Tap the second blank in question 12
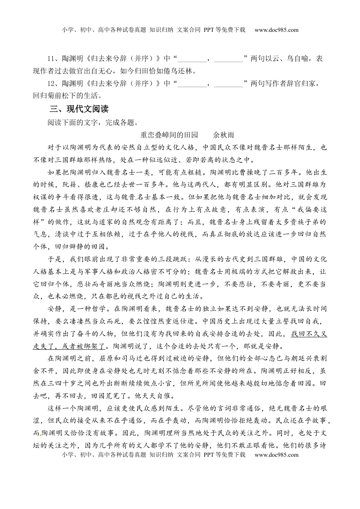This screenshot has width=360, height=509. pyautogui.click(x=229, y=84)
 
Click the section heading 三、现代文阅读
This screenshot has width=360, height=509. pyautogui.click(x=79, y=109)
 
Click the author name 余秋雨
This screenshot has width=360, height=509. pyautogui.click(x=224, y=135)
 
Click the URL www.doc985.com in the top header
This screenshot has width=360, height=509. pyautogui.click(x=276, y=30)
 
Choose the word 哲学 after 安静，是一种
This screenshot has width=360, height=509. pyautogui.click(x=96, y=309)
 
